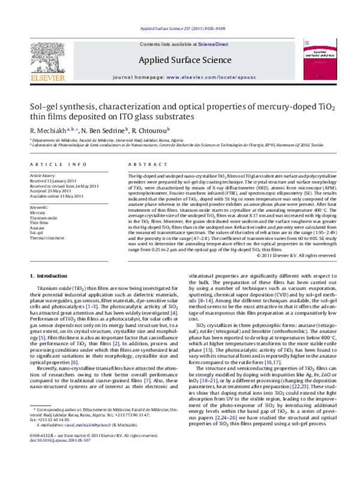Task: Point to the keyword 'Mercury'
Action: click(x=38, y=212)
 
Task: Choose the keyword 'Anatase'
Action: click(x=38, y=227)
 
